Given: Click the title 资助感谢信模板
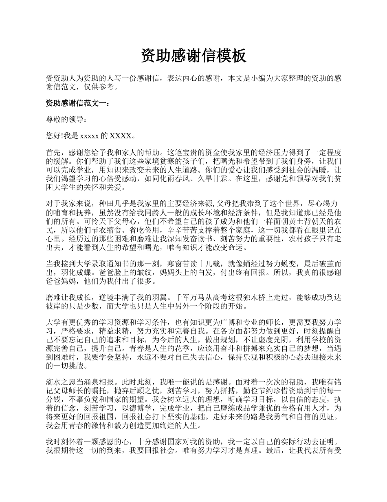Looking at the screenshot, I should [x=193, y=56].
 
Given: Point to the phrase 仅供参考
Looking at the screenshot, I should [x=99, y=87].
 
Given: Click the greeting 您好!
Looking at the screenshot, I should [x=55, y=135].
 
